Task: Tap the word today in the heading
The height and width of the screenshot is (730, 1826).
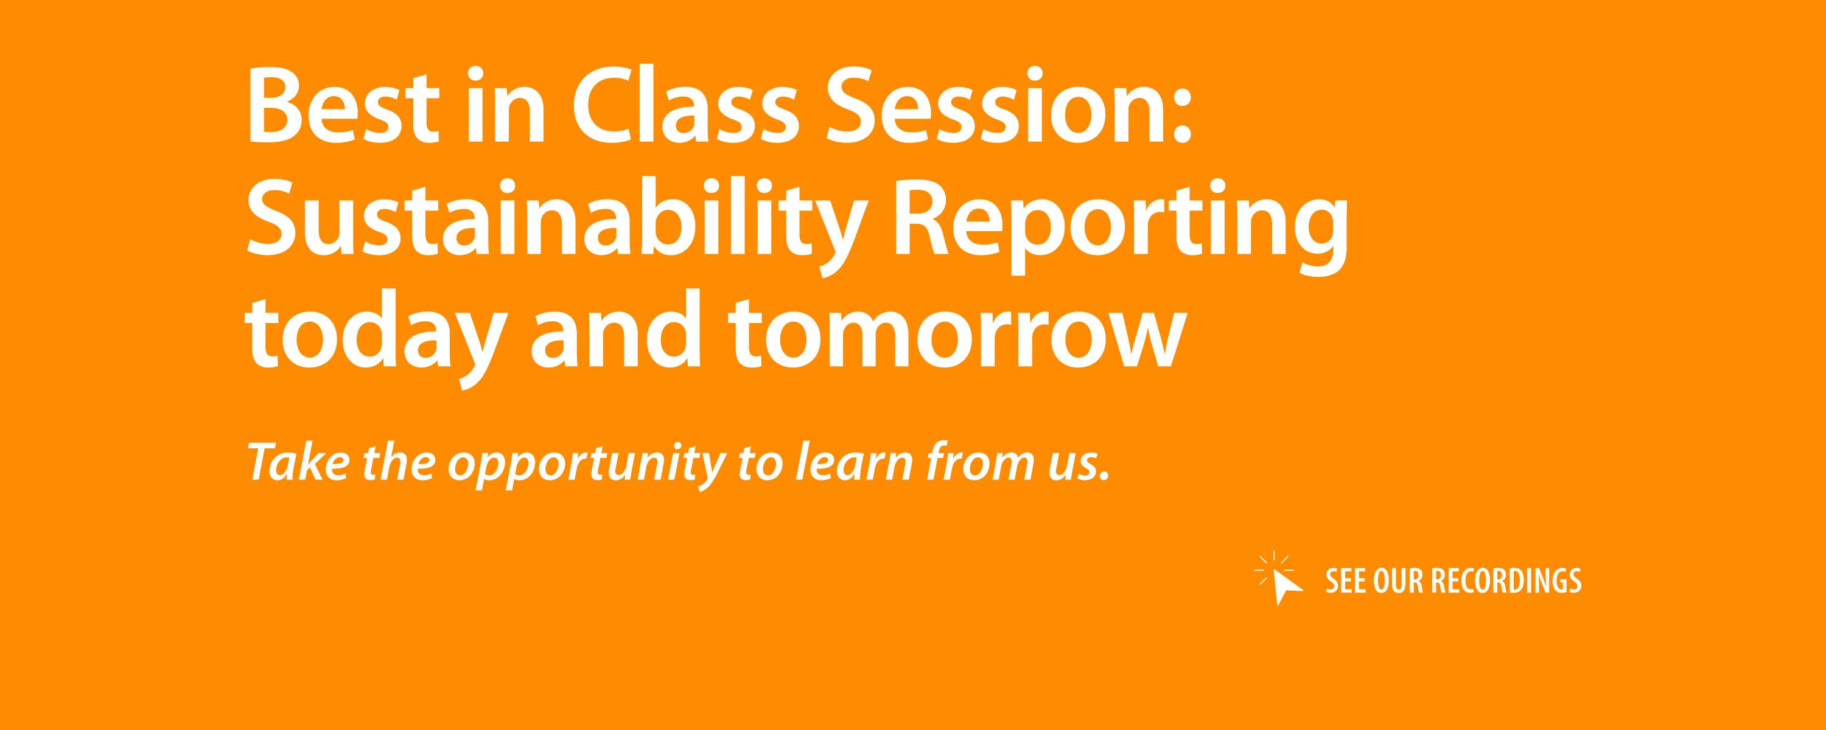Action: coord(369,334)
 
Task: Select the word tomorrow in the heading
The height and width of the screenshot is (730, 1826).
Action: coord(956,334)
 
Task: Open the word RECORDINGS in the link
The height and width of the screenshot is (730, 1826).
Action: coord(1506,580)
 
